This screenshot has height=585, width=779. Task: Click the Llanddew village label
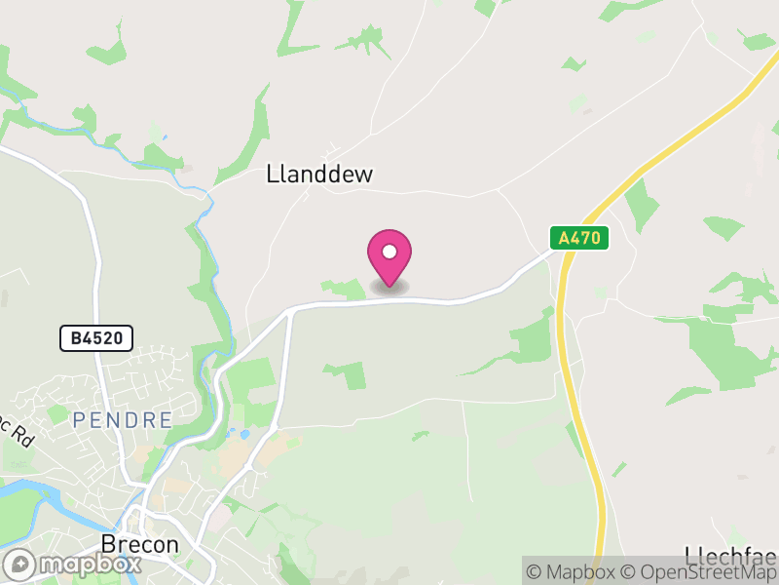point(319,175)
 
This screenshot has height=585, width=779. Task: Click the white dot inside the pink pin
point(389,251)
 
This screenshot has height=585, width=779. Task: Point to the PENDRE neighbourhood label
point(122,420)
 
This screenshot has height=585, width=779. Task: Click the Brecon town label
point(141,544)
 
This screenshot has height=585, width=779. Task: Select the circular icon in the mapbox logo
point(21,565)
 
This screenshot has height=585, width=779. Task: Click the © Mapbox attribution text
point(574,572)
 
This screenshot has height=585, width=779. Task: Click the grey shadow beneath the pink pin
point(389,288)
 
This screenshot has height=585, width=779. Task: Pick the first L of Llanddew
point(272,175)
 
